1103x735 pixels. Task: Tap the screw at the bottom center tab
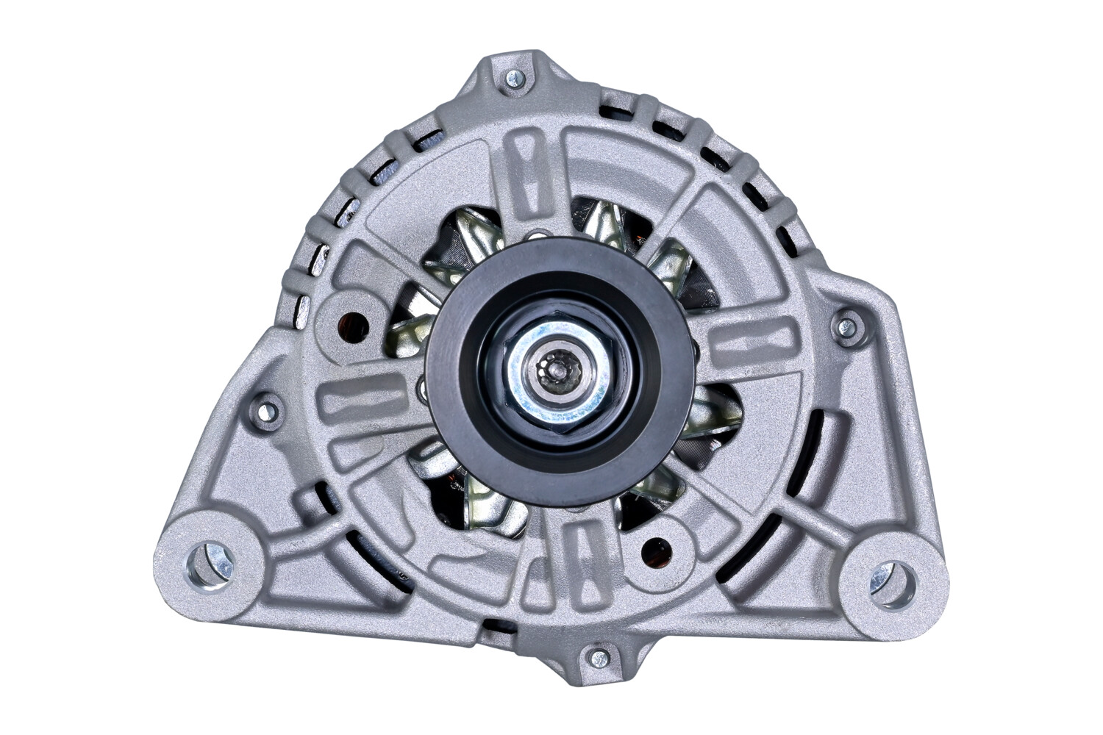(x=599, y=656)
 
